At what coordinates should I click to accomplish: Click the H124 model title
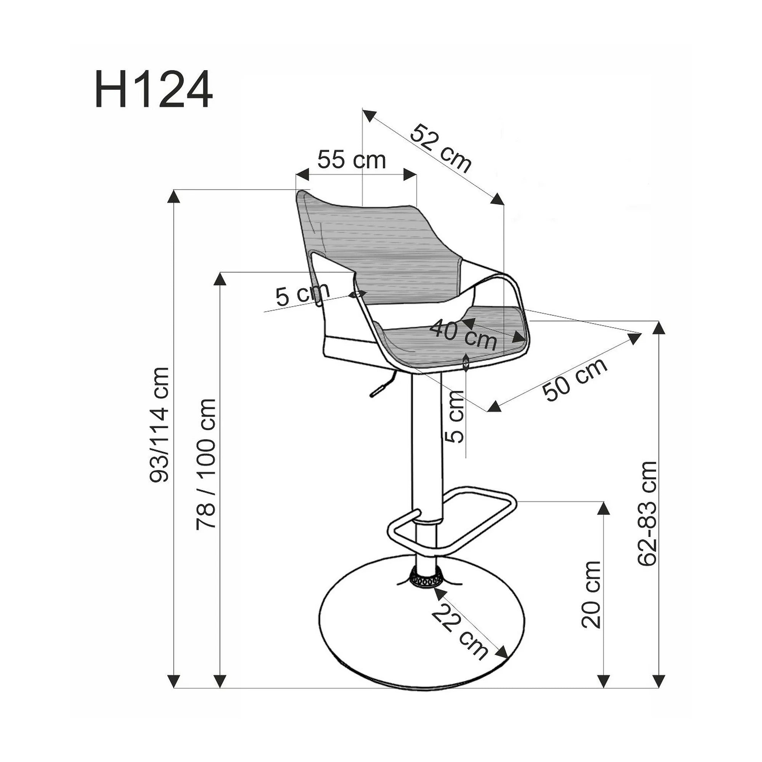click(x=154, y=90)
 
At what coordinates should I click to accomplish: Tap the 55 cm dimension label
click(x=351, y=160)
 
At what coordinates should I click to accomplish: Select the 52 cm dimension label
click(x=441, y=148)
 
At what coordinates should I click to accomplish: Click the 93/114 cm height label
click(x=159, y=424)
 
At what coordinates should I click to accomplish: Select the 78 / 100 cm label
click(x=206, y=463)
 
